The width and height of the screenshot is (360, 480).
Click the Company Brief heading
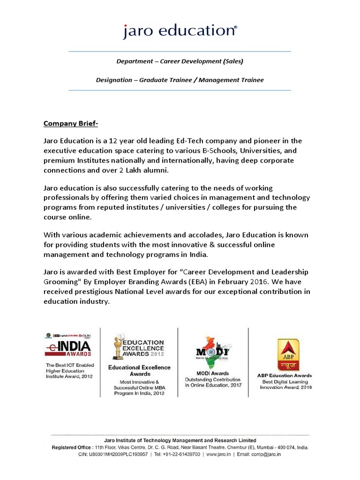pos(71,124)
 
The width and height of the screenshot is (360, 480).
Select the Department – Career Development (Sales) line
pos(180,61)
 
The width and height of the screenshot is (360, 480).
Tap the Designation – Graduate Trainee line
pos(180,80)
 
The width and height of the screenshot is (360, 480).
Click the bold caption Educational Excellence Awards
pos(139,371)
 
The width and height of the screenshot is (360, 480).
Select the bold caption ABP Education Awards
pos(285,375)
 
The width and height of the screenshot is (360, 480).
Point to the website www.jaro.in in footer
pos(217,454)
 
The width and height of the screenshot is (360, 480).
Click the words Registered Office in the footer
pos(75,448)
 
